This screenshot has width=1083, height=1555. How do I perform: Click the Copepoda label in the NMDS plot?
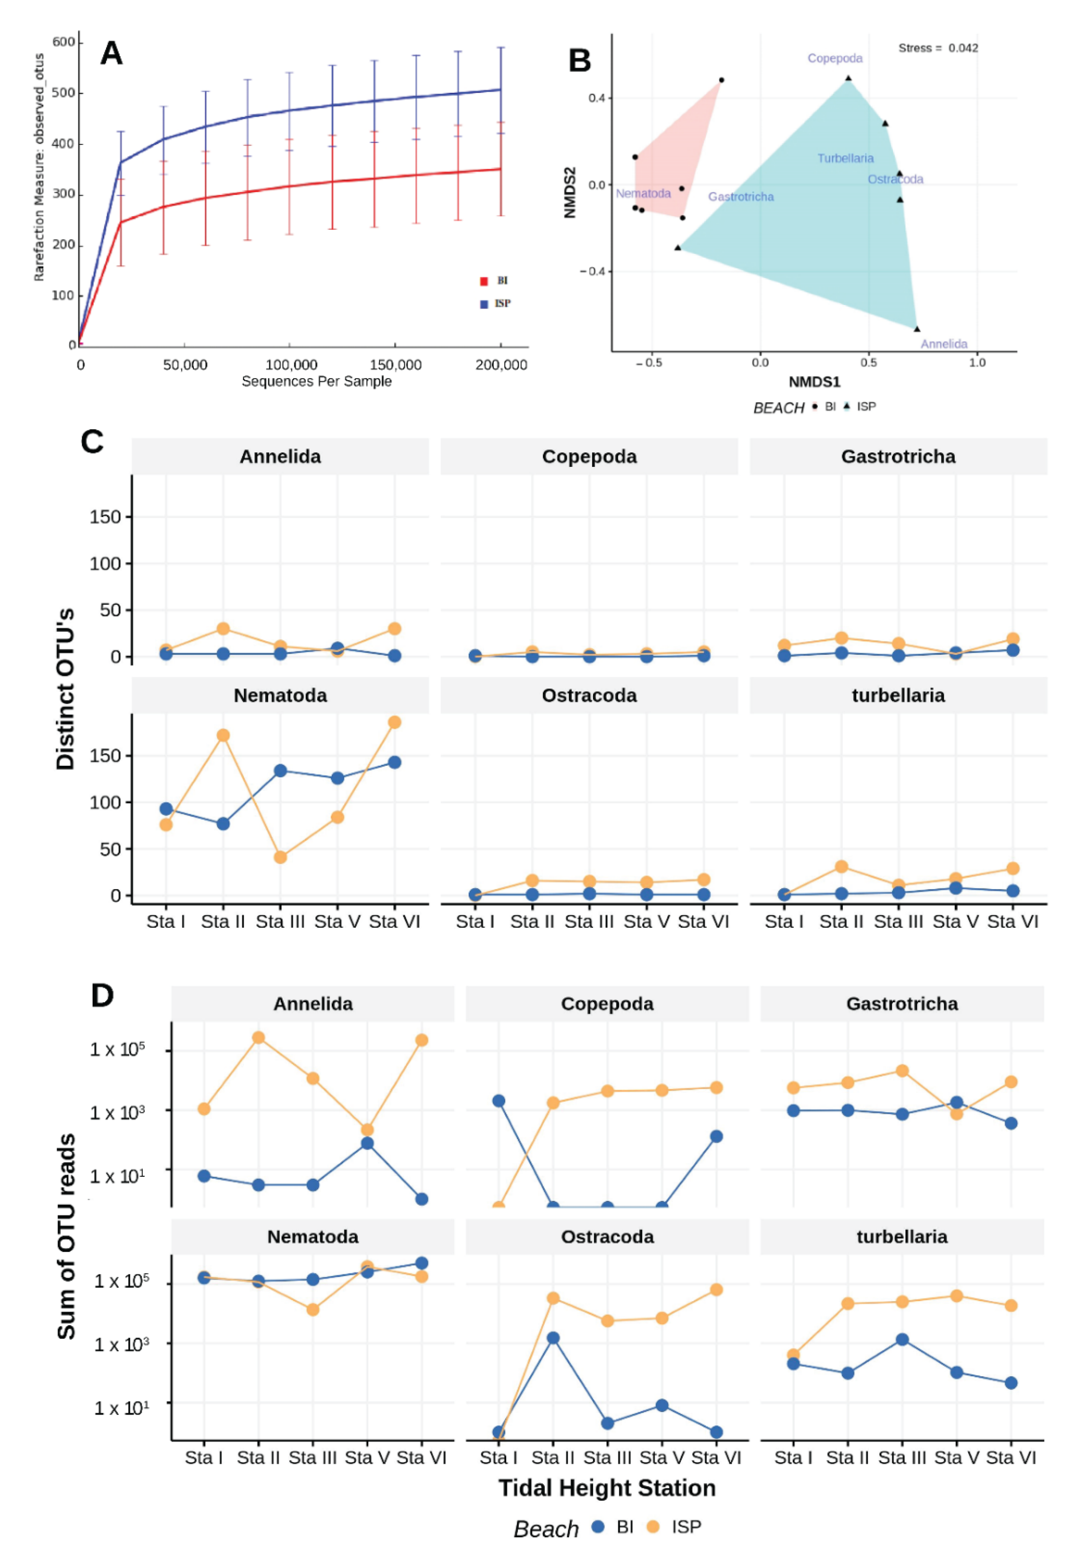coord(834,58)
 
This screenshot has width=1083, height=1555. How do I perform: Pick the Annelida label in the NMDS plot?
coord(943,344)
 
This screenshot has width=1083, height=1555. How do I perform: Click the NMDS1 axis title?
coord(814,382)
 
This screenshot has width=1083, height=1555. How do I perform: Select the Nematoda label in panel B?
coord(643,194)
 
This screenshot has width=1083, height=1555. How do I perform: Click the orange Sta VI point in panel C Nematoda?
coord(394,723)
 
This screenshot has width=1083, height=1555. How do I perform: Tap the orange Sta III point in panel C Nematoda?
coord(280,857)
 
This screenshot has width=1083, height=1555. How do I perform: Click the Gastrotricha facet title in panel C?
coord(898,457)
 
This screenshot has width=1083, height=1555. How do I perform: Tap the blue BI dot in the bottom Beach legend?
coord(597,1527)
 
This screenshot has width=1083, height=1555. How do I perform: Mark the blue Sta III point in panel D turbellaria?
coord(902,1340)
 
